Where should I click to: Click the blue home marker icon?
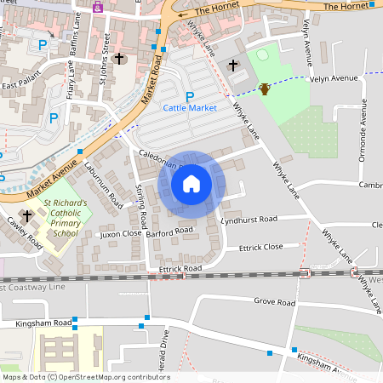click(x=191, y=184)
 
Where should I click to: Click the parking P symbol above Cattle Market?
click(x=190, y=96)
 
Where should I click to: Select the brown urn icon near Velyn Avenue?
click(x=265, y=89)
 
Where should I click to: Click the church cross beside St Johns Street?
click(x=118, y=60)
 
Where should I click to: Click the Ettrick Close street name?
click(x=261, y=247)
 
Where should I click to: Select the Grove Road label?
click(x=274, y=302)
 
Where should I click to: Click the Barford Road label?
click(x=169, y=230)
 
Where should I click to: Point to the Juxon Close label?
click(x=121, y=232)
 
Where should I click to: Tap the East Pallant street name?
click(x=22, y=85)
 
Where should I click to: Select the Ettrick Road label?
click(x=180, y=269)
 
